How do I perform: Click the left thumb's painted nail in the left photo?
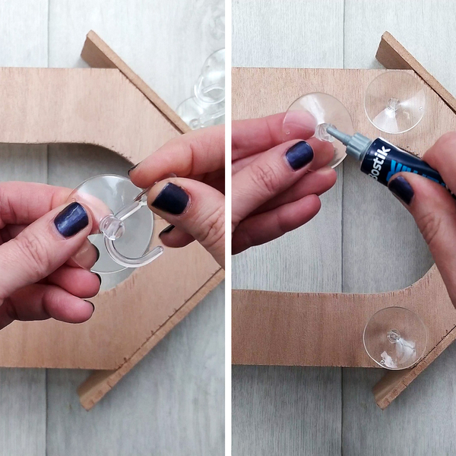[71, 220]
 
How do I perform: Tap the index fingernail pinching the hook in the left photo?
[169, 199]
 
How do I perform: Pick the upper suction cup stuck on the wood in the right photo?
[394, 101]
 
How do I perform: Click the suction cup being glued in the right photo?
[319, 125]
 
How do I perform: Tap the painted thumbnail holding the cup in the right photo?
[299, 155]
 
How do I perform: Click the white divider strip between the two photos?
[228, 228]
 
